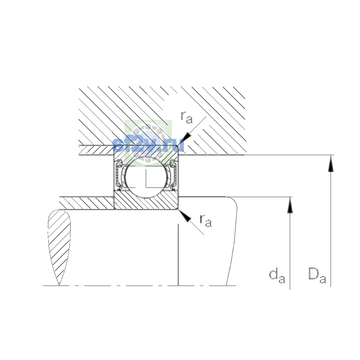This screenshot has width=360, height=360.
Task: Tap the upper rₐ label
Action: (187, 117)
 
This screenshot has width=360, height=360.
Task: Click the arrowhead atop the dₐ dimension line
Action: (290, 205)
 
